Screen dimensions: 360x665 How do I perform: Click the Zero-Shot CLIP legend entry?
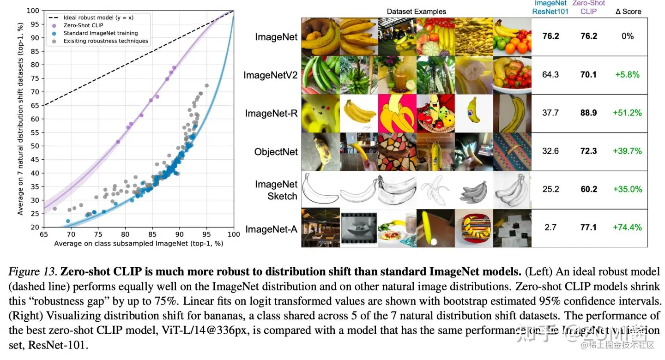pos(83,25)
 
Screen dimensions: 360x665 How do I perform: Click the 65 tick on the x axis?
pos(44,234)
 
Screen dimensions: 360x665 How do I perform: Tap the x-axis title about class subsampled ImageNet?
pos(139,243)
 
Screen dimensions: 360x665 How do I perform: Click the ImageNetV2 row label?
pos(271,75)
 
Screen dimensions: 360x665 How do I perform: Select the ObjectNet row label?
pos(276,152)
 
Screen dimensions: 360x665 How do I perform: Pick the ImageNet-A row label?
pos(272,229)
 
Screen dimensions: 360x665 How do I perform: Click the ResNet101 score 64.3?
pos(550,74)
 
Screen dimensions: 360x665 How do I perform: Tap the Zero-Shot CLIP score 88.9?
pos(588,113)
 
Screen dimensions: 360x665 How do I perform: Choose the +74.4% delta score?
pos(627,227)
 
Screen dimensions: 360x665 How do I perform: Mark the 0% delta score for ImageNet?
pos(628,36)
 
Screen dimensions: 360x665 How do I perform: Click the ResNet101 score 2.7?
pos(550,227)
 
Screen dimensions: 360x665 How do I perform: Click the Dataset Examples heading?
pos(417,12)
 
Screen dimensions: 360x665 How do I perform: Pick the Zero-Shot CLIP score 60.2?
pos(588,189)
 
